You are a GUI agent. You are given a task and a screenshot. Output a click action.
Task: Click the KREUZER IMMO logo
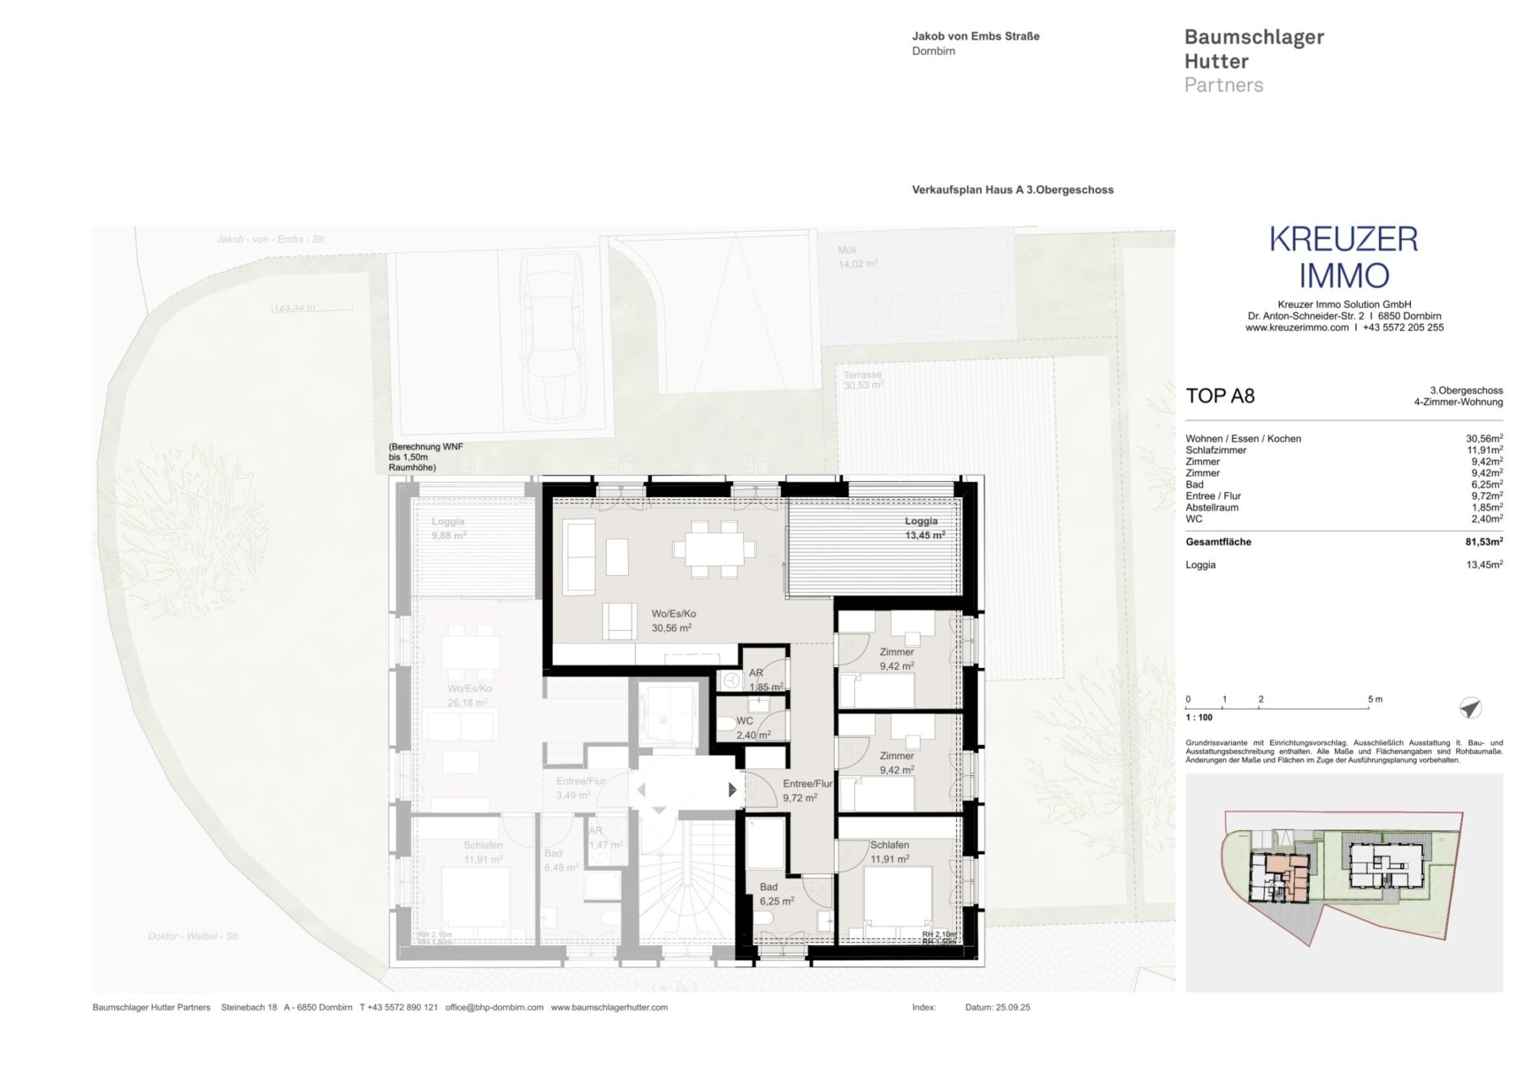1344,257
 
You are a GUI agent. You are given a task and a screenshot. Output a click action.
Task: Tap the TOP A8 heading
1220,396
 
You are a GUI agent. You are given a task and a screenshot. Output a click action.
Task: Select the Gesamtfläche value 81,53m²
1484,541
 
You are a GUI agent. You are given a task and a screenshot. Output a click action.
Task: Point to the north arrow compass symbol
1470,708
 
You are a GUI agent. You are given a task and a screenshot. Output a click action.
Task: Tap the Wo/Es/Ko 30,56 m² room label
673,621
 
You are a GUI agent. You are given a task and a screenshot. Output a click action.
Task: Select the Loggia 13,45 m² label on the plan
924,528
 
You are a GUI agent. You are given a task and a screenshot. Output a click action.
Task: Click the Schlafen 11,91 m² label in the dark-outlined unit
889,852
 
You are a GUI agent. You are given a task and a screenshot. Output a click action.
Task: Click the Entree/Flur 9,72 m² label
806,790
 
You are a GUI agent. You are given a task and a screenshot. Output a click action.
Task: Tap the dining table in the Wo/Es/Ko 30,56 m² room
713,548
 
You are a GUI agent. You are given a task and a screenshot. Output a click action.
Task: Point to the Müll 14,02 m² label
857,257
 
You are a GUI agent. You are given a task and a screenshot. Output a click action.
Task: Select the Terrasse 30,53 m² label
863,380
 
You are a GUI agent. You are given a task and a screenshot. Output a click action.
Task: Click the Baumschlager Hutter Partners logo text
1253,61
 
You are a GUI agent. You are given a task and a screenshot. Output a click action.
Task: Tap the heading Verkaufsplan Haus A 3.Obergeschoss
1012,190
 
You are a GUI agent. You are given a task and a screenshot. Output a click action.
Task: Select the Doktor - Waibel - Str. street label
194,936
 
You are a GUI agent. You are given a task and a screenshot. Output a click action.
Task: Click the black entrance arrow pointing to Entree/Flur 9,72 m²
732,789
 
